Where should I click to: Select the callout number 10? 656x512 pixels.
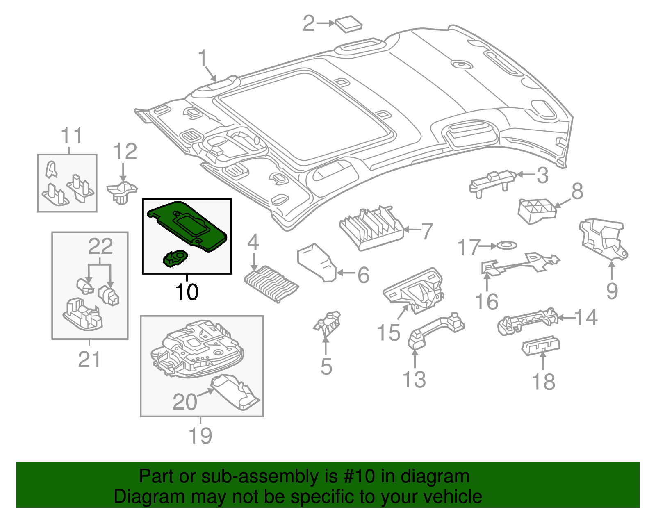187,292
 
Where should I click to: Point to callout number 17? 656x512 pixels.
468,247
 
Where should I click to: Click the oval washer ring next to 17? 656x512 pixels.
506,246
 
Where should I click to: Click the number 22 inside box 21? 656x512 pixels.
100,247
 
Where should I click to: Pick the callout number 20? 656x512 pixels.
185,402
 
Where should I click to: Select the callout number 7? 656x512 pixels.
427,231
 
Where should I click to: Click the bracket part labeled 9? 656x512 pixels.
603,240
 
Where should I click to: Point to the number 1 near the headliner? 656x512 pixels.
203,58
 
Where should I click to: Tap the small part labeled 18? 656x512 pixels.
541,346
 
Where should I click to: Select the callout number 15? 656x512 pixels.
388,332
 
